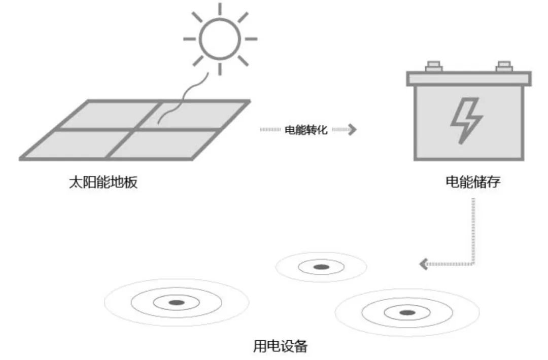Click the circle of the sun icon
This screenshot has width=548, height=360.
[220, 39]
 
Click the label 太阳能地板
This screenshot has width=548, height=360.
[103, 182]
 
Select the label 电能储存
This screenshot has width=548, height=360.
[473, 182]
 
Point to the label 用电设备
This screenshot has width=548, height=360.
[280, 347]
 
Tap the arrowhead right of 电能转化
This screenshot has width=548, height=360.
[352, 130]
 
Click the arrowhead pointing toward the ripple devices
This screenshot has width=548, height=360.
[424, 264]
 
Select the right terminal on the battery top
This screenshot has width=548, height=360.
[504, 66]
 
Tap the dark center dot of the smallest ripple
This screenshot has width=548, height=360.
[321, 267]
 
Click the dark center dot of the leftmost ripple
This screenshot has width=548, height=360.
[176, 303]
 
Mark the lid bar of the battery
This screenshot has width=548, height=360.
[469, 78]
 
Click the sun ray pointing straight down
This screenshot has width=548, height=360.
[220, 69]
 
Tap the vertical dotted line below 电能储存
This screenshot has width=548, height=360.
[473, 228]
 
